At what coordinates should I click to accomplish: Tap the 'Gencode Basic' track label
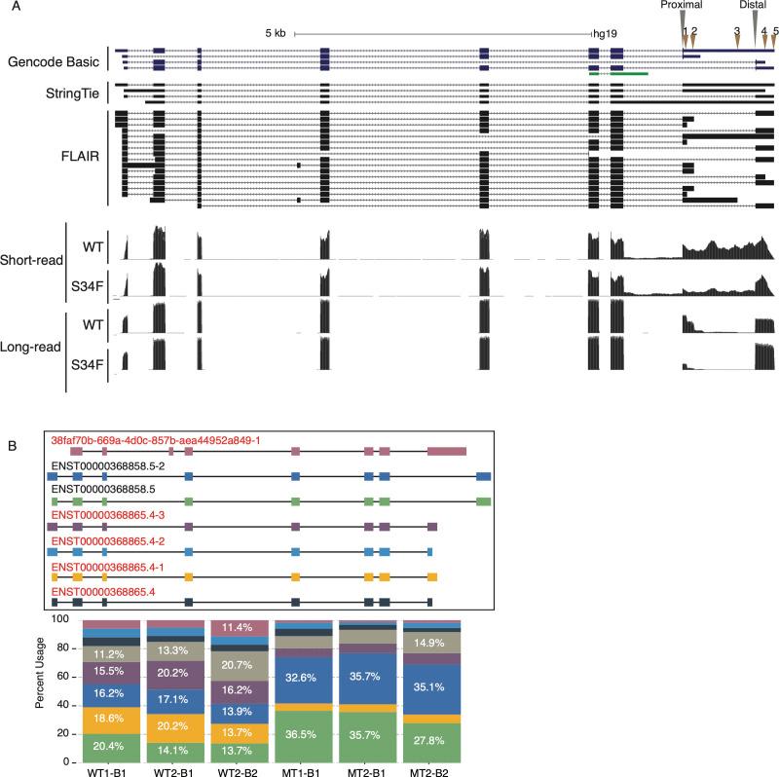52,61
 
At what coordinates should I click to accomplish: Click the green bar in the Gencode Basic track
618,73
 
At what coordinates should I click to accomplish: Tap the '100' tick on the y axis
59,618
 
